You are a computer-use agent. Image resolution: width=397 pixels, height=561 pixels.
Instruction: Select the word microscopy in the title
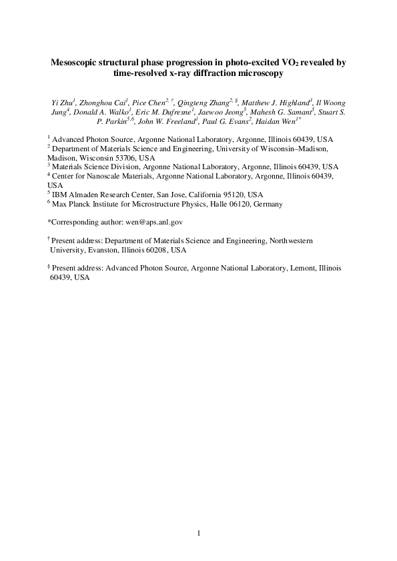click(260, 75)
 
